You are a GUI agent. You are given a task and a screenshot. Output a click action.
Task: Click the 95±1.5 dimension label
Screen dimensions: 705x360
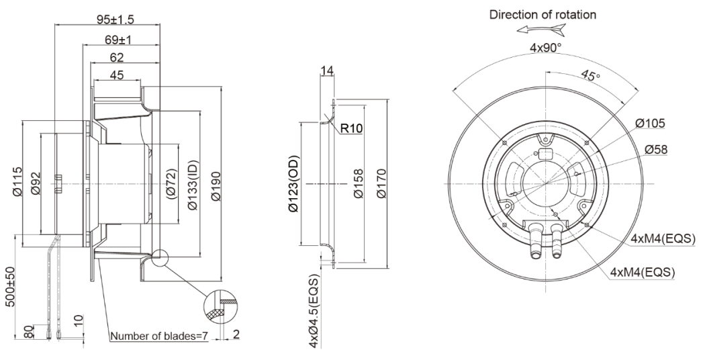click(115, 19)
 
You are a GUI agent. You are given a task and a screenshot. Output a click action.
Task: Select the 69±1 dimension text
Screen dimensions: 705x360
click(117, 40)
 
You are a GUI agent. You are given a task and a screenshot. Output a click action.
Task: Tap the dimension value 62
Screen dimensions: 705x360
click(115, 58)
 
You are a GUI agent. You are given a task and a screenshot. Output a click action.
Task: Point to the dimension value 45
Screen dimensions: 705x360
click(116, 75)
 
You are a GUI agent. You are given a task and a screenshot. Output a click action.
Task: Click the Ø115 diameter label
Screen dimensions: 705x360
click(17, 182)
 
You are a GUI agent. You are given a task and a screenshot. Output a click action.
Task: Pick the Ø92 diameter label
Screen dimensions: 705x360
click(36, 183)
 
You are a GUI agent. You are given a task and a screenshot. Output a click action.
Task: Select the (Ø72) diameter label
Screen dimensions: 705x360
click(171, 184)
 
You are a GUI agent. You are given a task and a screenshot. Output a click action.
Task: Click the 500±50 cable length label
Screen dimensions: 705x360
click(10, 287)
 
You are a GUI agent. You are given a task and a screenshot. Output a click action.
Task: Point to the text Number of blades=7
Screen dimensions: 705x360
click(159, 336)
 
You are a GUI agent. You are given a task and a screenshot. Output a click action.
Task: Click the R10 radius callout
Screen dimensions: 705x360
click(351, 128)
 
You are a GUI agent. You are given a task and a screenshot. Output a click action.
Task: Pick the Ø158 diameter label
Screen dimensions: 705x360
click(358, 183)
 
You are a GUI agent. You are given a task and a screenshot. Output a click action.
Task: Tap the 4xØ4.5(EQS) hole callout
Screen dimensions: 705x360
click(314, 311)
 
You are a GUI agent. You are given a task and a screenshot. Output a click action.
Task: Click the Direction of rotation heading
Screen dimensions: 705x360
click(543, 15)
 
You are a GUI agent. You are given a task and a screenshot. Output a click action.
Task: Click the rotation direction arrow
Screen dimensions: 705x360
click(541, 30)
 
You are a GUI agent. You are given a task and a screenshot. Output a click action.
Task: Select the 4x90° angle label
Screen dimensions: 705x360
click(545, 47)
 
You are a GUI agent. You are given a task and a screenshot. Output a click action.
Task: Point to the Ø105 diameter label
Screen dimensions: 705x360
click(650, 123)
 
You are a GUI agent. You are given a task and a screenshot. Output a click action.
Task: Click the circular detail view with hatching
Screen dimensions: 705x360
click(221, 306)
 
